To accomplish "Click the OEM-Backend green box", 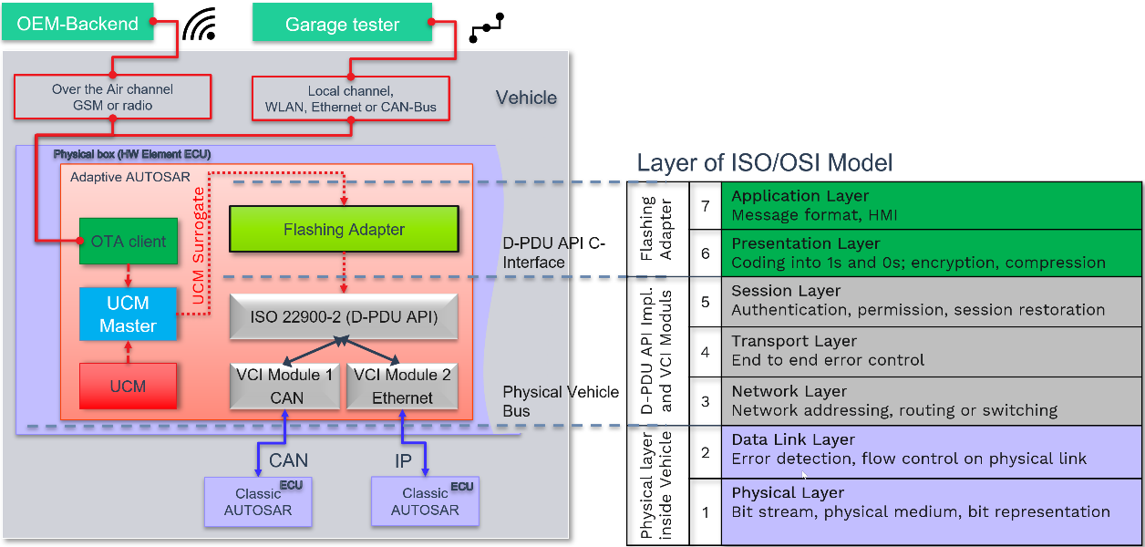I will pyautogui.click(x=77, y=24).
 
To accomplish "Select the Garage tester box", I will pyautogui.click(x=342, y=25).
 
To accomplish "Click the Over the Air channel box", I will pyautogui.click(x=113, y=98).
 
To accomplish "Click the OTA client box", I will pyautogui.click(x=129, y=242).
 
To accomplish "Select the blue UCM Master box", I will pyautogui.click(x=128, y=314).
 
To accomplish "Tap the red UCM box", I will pyautogui.click(x=128, y=386).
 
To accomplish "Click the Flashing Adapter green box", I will pyautogui.click(x=344, y=230).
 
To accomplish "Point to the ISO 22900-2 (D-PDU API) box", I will pyautogui.click(x=344, y=317).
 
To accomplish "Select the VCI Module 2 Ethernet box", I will pyautogui.click(x=402, y=386).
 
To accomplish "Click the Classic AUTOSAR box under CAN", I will pyautogui.click(x=258, y=501).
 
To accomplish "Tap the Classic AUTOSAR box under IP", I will pyautogui.click(x=425, y=501).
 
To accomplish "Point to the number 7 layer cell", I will pyautogui.click(x=705, y=205).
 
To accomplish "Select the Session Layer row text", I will pyautogui.click(x=917, y=301).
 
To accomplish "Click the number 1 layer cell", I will pyautogui.click(x=705, y=511).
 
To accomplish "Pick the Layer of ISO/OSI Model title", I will pyautogui.click(x=764, y=163).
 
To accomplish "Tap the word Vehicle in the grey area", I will pyautogui.click(x=526, y=98).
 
